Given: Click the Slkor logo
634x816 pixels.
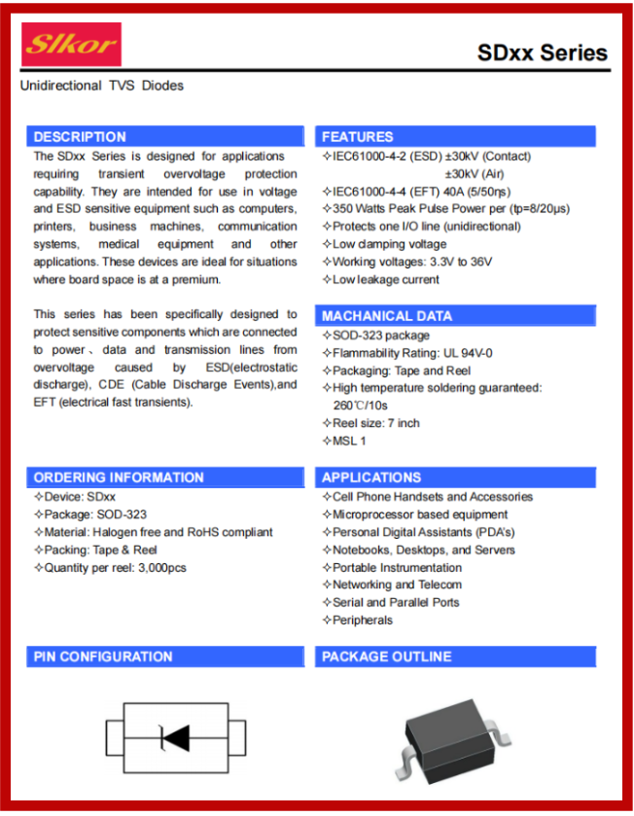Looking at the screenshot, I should (x=72, y=45).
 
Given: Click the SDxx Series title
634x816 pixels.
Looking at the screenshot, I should (x=542, y=53).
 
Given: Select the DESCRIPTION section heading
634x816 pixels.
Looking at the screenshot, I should (x=80, y=137).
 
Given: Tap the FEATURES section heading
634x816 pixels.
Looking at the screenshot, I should (x=358, y=137).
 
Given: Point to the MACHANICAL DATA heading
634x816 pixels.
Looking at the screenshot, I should (x=387, y=316).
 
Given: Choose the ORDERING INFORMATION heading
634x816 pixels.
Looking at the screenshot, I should (x=119, y=478).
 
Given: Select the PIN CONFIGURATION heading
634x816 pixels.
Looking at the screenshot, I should (x=103, y=656).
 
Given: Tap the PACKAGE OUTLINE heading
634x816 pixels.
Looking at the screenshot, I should (x=387, y=656).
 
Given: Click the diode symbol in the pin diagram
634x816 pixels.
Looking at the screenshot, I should (x=174, y=738).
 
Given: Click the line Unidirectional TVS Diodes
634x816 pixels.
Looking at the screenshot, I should (x=102, y=86).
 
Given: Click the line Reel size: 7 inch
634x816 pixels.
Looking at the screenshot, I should (x=375, y=423).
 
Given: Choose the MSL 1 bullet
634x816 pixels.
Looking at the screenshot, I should (x=348, y=441).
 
